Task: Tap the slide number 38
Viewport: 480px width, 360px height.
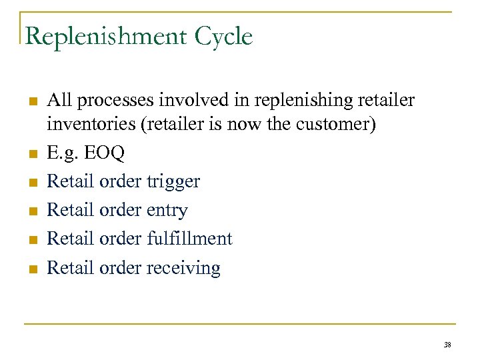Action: click(446, 345)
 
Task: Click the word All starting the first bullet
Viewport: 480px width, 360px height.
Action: click(59, 101)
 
